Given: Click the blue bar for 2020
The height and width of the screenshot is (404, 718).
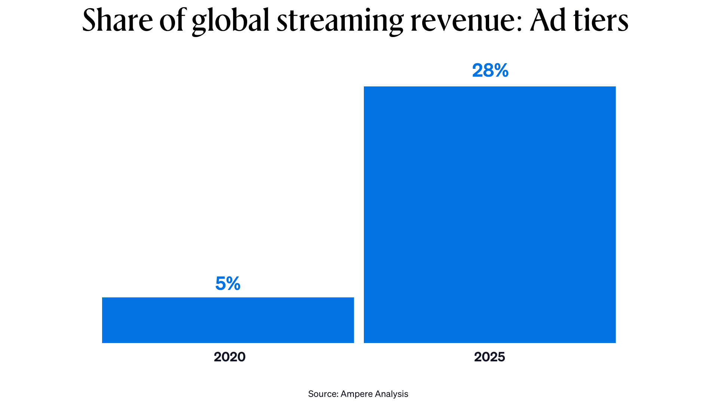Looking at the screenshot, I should tap(228, 320).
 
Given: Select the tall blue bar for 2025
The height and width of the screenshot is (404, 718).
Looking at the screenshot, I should tap(490, 214).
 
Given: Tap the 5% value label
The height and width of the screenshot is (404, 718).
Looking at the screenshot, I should tap(228, 284).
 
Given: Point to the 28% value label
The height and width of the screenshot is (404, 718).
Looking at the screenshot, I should tap(490, 70).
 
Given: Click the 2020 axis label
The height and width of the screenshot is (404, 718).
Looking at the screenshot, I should tap(230, 357).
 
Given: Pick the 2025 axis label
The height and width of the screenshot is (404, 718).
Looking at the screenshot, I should tap(490, 357).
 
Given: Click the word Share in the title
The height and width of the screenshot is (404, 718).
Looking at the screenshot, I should tap(117, 21).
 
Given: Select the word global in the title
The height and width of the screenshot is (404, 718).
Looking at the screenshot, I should tap(230, 21).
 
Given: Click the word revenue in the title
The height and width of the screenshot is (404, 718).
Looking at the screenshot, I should tap(463, 21).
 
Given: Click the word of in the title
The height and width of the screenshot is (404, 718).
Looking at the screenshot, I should tap(173, 21).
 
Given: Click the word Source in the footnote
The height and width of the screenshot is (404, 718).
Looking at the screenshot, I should tap(322, 394).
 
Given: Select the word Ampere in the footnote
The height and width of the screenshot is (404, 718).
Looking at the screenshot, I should tap(356, 394).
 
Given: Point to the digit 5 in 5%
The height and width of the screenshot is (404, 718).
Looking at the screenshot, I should tap(221, 284).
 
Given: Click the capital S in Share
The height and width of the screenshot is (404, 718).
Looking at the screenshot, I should tap(90, 21).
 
